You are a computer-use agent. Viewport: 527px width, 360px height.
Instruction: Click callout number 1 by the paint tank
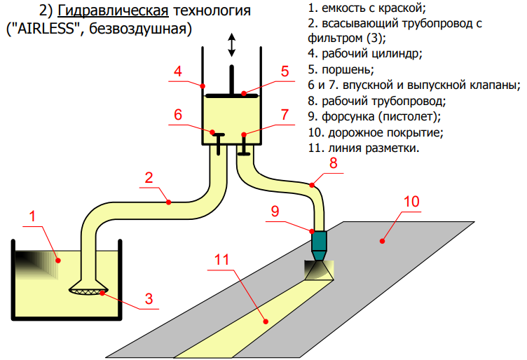(x=32, y=216)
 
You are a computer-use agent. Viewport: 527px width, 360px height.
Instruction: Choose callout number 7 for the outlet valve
(x=285, y=114)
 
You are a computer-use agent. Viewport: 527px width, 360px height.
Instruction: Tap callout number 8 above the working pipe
(x=333, y=162)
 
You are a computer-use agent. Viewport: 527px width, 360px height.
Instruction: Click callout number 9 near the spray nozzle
(x=275, y=211)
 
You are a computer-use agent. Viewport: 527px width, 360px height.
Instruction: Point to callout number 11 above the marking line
(x=221, y=259)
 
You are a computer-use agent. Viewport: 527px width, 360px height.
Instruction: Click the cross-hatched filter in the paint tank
(x=88, y=288)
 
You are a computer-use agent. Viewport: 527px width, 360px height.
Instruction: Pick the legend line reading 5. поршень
(x=341, y=69)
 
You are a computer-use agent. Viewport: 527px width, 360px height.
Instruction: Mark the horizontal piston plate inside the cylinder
(x=232, y=94)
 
